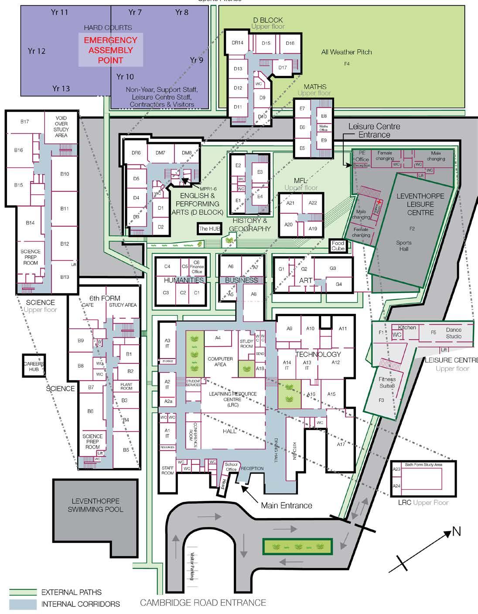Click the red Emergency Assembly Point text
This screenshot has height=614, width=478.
(x=110, y=50)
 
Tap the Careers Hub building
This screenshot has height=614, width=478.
(x=34, y=366)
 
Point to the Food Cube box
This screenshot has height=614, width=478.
(x=338, y=246)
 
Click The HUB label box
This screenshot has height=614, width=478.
(x=210, y=228)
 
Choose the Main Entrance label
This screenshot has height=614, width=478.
(x=287, y=505)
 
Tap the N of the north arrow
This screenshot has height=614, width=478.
(x=456, y=532)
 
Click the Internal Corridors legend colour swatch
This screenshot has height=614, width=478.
(x=23, y=604)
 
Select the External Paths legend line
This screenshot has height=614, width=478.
(x=23, y=592)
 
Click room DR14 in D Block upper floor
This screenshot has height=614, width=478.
(x=238, y=43)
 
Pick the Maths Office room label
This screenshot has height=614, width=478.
(x=323, y=128)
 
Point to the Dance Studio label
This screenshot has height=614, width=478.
(x=454, y=333)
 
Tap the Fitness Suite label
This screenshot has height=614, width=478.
(x=387, y=382)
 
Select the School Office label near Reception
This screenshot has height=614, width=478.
(x=231, y=467)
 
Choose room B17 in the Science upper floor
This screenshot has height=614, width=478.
(x=24, y=122)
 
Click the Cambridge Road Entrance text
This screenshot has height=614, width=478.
(x=203, y=603)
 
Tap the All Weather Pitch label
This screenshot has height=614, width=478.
(x=346, y=52)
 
